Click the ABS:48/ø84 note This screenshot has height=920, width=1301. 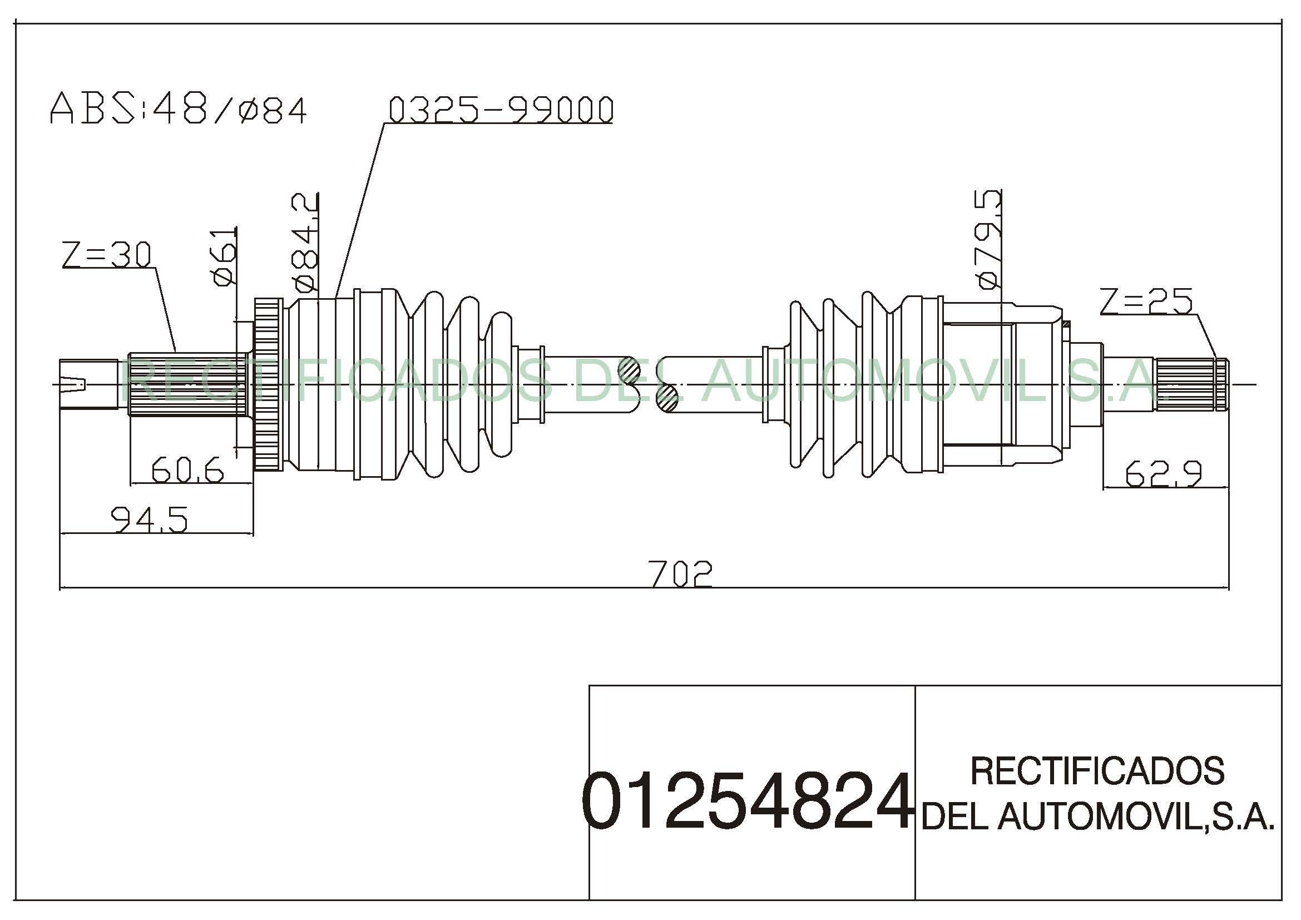click(x=179, y=110)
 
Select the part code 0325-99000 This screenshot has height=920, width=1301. click(x=501, y=110)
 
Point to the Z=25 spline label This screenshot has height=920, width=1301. click(x=1146, y=301)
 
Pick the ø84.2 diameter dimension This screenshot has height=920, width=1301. click(x=304, y=243)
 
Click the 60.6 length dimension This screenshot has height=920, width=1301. click(x=187, y=470)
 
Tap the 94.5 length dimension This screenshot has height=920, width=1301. click(x=149, y=520)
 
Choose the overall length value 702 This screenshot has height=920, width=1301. click(x=680, y=573)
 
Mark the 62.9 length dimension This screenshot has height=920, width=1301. click(x=1163, y=473)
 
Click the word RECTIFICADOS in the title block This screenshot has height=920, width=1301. click(x=1097, y=771)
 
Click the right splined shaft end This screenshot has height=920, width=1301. click(x=1191, y=385)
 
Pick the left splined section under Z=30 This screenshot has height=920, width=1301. click(x=187, y=385)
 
